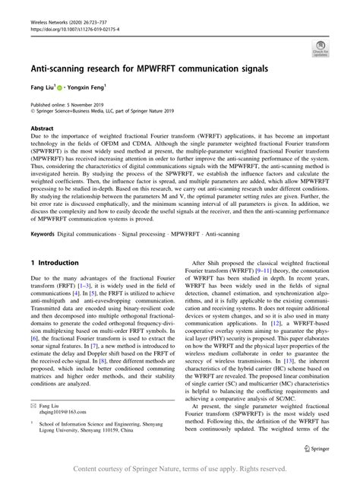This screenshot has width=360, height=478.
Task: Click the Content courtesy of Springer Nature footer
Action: coord(179,469)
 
